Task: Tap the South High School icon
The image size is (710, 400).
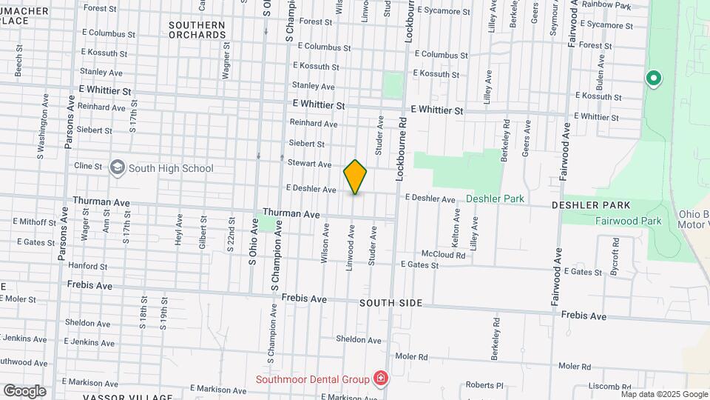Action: (118, 168)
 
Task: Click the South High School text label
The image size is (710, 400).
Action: (171, 168)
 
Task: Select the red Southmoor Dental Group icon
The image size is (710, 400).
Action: (380, 379)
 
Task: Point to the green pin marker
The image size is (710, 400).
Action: (653, 78)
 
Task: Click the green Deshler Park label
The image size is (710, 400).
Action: (495, 199)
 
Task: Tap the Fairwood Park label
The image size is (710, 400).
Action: (629, 221)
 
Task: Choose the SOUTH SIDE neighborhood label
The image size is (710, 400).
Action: (391, 303)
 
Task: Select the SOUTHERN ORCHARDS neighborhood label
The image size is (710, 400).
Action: (197, 30)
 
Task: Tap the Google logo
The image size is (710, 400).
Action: (24, 391)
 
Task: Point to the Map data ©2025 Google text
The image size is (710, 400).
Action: (664, 394)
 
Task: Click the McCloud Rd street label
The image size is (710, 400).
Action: (444, 254)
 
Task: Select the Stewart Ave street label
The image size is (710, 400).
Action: (309, 164)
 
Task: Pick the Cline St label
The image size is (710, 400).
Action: (88, 167)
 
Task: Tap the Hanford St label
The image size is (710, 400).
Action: (87, 265)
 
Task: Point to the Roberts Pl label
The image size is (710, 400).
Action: (484, 385)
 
